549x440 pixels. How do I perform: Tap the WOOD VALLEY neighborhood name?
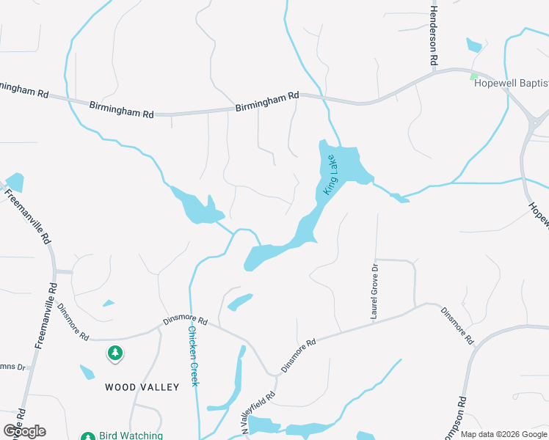(142, 386)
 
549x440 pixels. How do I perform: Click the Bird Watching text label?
(131, 436)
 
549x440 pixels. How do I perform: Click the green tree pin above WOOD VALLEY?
(114, 354)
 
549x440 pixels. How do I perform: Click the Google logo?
(24, 431)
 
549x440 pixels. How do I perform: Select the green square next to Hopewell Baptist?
(474, 76)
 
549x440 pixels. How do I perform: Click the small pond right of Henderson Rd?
(474, 45)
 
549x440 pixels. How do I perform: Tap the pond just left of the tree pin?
(87, 372)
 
